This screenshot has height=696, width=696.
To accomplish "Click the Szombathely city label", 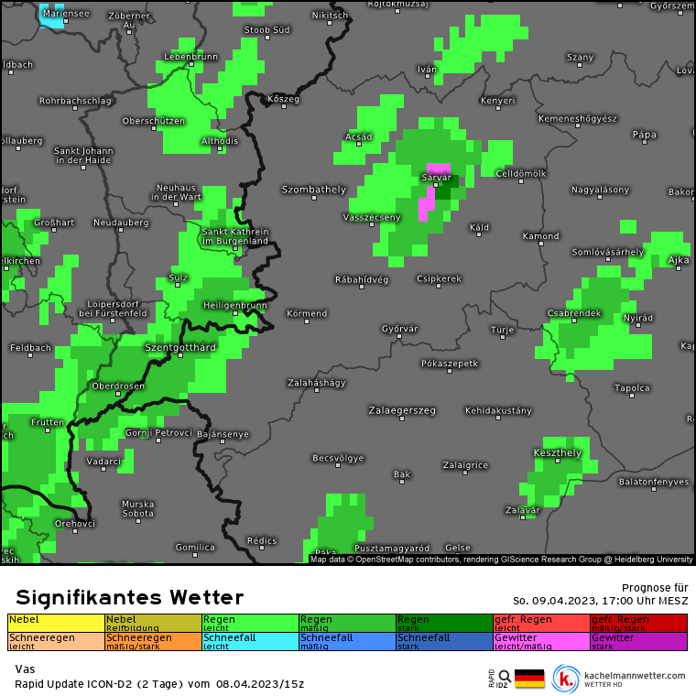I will (x=314, y=190).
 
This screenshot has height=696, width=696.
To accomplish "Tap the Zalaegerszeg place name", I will (x=402, y=410).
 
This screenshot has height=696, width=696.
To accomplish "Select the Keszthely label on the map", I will (x=557, y=452).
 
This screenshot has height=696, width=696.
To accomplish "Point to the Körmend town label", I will (x=307, y=313).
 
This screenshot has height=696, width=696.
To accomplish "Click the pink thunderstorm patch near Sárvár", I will (x=426, y=203).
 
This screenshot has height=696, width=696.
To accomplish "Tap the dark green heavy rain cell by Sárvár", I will (x=447, y=190).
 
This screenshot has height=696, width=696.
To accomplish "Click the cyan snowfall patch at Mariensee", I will (x=51, y=15).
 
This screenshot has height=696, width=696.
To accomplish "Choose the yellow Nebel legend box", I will (x=56, y=623).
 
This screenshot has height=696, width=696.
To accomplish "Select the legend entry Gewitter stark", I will (x=638, y=641).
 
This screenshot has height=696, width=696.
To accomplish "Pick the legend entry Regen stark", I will (x=444, y=623).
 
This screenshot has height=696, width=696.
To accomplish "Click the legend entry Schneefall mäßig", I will (x=347, y=641).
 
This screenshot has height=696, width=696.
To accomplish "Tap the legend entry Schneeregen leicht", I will (x=56, y=641).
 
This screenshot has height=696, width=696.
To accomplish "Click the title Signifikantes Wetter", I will (x=129, y=598).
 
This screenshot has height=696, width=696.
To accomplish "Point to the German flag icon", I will (x=529, y=679).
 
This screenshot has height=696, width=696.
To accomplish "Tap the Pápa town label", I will (x=645, y=135).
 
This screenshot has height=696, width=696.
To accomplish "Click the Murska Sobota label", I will (x=138, y=508).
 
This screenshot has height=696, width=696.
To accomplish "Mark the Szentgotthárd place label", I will (x=180, y=348).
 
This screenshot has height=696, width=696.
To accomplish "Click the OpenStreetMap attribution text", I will (x=501, y=559).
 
